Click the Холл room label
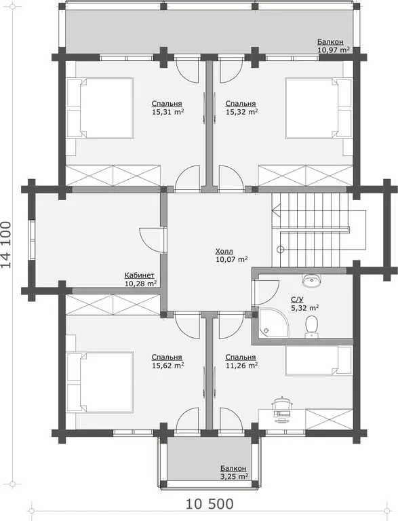[224, 251]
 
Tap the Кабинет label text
[139, 275]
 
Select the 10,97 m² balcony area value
[334, 50]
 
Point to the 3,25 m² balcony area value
[234, 476]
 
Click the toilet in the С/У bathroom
[311, 326]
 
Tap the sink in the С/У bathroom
[312, 280]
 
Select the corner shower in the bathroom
[273, 323]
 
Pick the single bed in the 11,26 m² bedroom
[319, 360]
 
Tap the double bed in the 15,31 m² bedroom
[100, 108]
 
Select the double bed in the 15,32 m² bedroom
[319, 108]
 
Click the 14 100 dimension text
[6, 244]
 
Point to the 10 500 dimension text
[210, 504]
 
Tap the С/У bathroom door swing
[266, 292]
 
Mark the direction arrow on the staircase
[277, 210]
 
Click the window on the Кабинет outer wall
[32, 239]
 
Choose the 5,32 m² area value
[305, 308]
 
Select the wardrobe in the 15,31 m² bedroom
[113, 175]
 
